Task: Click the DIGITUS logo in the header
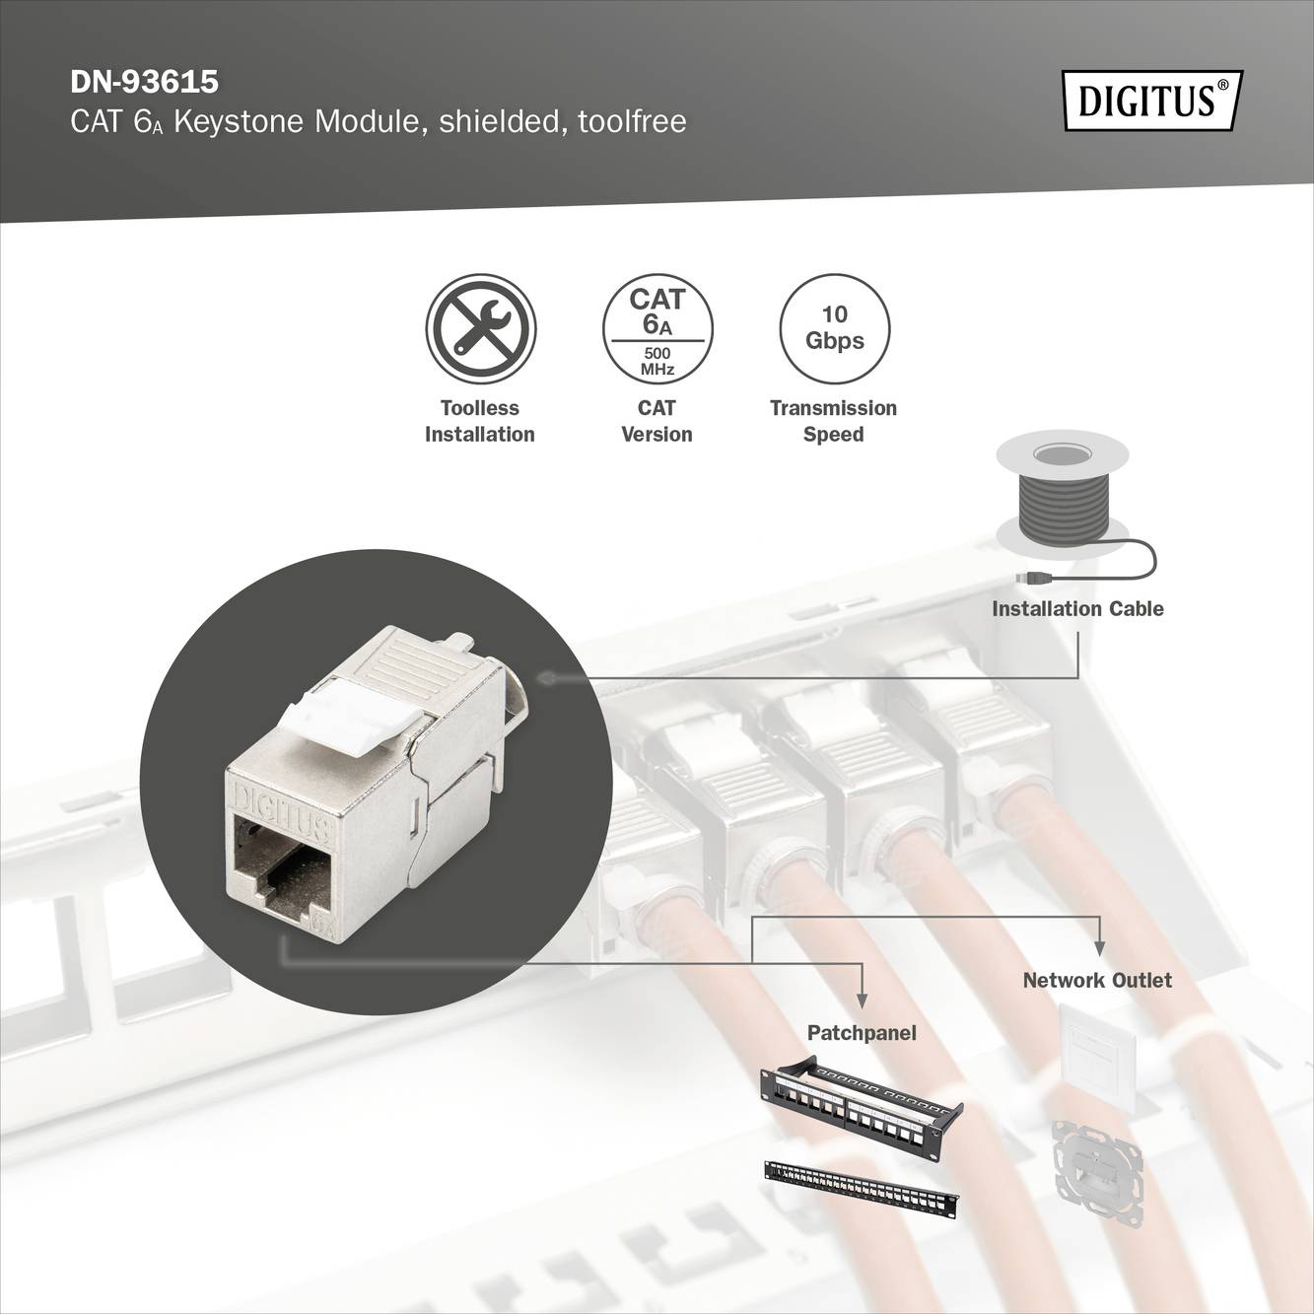1151,101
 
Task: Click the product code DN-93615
144,80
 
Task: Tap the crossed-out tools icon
480,328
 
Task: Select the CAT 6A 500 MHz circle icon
657,328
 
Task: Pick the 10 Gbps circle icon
834,328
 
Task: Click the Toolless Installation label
480,421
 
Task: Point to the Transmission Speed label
833,421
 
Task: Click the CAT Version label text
657,421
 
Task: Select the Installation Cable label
1077,609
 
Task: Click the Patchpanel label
862,1032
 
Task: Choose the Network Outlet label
1097,980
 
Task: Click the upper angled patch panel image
861,1098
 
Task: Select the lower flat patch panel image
861,1188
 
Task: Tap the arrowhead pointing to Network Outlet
1100,948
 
